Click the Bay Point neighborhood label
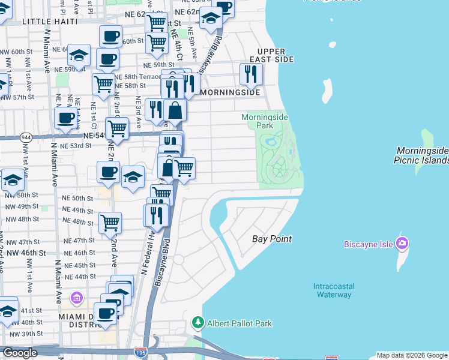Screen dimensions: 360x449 click(271, 239)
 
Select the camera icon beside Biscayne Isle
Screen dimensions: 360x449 click(402, 244)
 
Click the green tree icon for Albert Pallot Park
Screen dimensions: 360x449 click(197, 323)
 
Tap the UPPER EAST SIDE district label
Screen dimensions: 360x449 click(275, 55)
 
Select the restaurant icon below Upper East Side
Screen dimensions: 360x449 click(250, 74)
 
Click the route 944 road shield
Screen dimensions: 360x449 click(26, 136)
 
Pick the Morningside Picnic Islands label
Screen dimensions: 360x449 click(421, 155)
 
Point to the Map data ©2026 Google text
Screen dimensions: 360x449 click(412, 355)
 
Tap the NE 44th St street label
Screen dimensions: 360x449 click(79, 277)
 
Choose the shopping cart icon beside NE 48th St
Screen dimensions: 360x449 click(110, 223)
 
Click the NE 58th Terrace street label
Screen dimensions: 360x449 click(138, 77)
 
